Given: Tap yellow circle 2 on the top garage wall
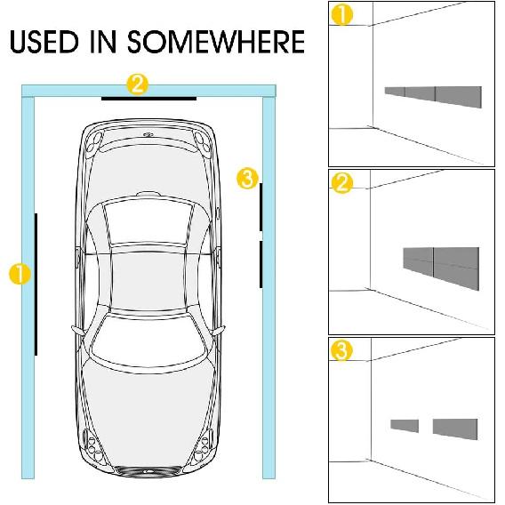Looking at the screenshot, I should (137, 84).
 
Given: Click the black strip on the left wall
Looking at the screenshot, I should (36, 283).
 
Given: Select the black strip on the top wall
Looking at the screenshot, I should (148, 98).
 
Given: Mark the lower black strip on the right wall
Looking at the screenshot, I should (261, 264).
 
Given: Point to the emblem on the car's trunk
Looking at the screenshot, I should (148, 135).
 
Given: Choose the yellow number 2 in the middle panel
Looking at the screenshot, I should (340, 183).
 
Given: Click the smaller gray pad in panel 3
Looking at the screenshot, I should (405, 424).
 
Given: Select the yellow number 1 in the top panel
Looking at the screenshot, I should (340, 14).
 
